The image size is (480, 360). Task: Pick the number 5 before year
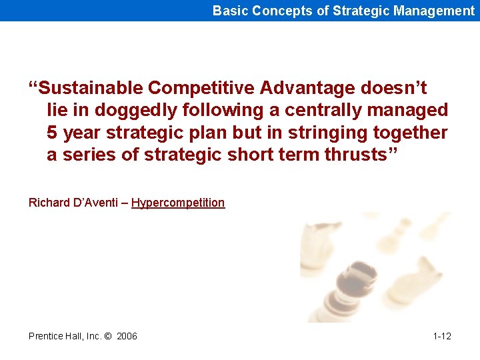(x=51, y=133)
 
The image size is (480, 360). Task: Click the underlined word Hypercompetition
(x=178, y=203)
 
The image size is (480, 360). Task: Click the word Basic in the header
(x=228, y=11)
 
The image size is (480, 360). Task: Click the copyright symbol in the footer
(x=107, y=336)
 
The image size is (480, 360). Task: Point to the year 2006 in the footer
(x=127, y=336)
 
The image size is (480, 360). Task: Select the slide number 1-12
(x=442, y=336)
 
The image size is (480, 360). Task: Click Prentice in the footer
(x=47, y=336)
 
